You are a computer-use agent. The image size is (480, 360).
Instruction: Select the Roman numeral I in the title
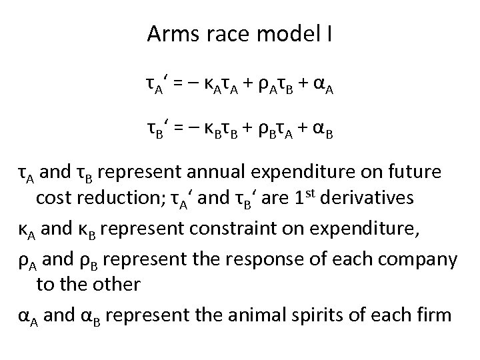[x=329, y=35]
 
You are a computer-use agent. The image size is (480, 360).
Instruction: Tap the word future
[x=414, y=173]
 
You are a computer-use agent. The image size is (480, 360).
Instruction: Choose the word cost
[x=51, y=199]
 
